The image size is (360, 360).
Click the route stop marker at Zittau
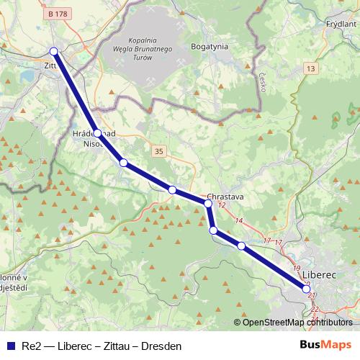pyautogui.click(x=53, y=50)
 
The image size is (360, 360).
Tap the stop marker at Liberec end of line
pyautogui.click(x=307, y=289)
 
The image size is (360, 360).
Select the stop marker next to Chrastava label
pyautogui.click(x=208, y=204)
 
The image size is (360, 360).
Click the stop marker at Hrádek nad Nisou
pyautogui.click(x=97, y=132)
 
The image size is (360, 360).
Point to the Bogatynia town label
pyautogui.click(x=209, y=45)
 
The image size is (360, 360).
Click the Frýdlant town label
pyautogui.click(x=341, y=23)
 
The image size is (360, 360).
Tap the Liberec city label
pyautogui.click(x=320, y=275)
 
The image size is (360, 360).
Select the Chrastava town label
pyautogui.click(x=226, y=196)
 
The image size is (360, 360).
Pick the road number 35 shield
pyautogui.click(x=158, y=150)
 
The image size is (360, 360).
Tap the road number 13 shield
pyautogui.click(x=310, y=68)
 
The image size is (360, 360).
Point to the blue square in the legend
pyautogui.click(x=10, y=346)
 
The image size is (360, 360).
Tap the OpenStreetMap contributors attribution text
pyautogui.click(x=297, y=323)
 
